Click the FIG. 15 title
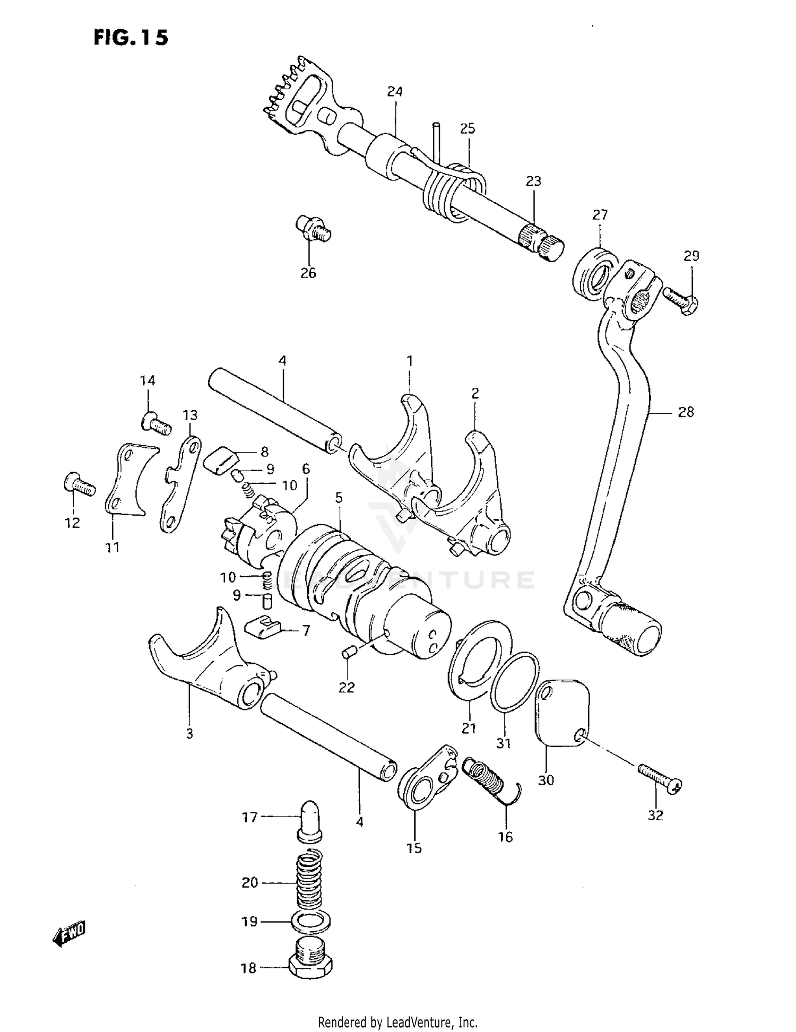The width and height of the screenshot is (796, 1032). coord(131,38)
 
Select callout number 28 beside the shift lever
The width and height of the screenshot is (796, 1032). coord(686,412)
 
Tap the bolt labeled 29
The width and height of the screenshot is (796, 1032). coord(682,299)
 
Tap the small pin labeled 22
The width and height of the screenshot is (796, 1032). coord(349,653)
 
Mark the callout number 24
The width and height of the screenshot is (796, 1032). coord(394,92)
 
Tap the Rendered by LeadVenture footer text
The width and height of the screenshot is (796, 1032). coord(397,1022)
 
